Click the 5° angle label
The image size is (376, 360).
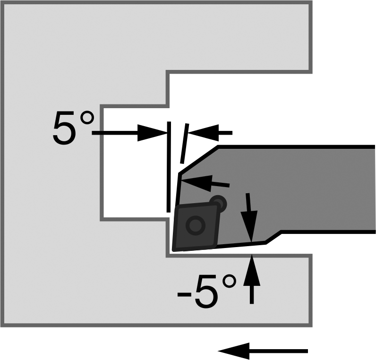[73, 128]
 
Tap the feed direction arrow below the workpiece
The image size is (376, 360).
[263, 351]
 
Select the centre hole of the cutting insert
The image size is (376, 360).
[196, 225]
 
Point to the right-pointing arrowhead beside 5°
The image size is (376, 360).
[153, 133]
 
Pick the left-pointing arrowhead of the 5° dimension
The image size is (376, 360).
[203, 133]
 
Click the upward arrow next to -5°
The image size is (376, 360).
[252, 279]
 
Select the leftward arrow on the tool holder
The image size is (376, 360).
[205, 183]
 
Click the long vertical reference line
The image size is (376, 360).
[169, 167]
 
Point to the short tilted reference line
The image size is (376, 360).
[184, 144]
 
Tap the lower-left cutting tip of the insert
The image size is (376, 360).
[174, 250]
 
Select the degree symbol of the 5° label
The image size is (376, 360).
[87, 118]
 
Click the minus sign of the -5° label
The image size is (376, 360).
[184, 294]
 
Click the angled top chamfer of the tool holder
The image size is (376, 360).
[198, 159]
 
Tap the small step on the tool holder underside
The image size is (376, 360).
[273, 237]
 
